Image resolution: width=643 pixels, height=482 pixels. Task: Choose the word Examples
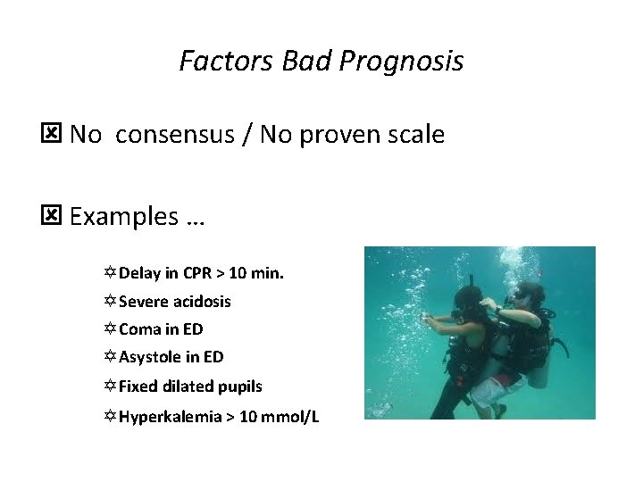click(124, 217)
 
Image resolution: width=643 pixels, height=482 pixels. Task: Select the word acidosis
click(205, 302)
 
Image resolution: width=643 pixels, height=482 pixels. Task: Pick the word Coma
click(138, 329)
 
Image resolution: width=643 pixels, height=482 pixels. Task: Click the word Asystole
click(150, 358)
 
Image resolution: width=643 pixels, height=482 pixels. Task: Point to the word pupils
click(240, 386)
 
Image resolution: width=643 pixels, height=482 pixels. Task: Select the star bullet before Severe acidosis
click(110, 302)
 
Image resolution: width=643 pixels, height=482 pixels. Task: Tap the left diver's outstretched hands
click(428, 317)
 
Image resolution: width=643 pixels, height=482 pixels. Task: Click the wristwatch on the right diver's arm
click(497, 310)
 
